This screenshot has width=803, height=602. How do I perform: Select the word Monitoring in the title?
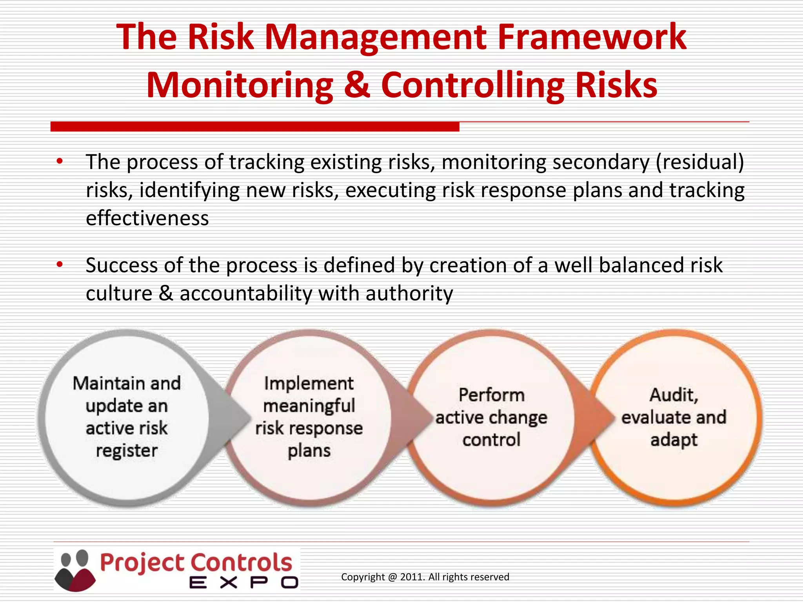239,85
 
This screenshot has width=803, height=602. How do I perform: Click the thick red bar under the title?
255,127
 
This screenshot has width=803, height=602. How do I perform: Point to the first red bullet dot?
60,161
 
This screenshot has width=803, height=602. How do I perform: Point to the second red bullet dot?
60,265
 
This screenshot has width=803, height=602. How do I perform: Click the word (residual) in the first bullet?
700,162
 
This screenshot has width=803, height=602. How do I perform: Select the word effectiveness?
147,218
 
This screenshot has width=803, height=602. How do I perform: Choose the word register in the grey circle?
127,451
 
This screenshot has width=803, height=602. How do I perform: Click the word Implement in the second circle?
309,383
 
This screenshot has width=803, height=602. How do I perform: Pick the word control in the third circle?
491,440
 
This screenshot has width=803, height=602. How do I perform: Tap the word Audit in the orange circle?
673,395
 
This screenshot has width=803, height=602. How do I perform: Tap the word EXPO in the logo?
243,583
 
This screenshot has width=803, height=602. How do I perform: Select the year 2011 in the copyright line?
412,577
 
